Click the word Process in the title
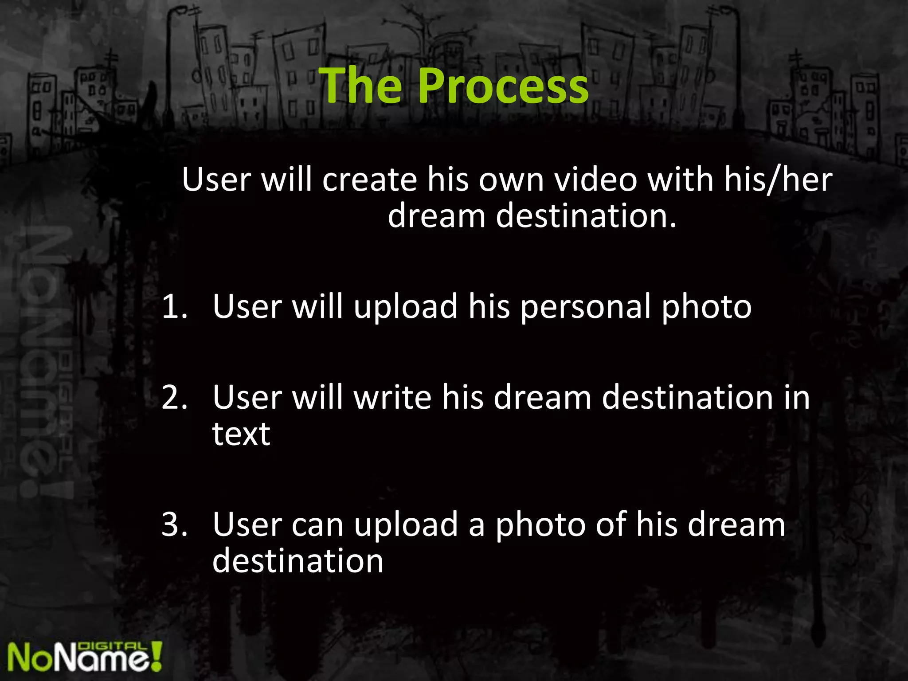click(x=503, y=86)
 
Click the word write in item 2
click(x=392, y=397)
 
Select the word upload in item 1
click(x=406, y=307)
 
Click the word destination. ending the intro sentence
click(x=586, y=216)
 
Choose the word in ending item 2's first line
click(x=796, y=397)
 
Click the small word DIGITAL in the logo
click(x=112, y=647)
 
